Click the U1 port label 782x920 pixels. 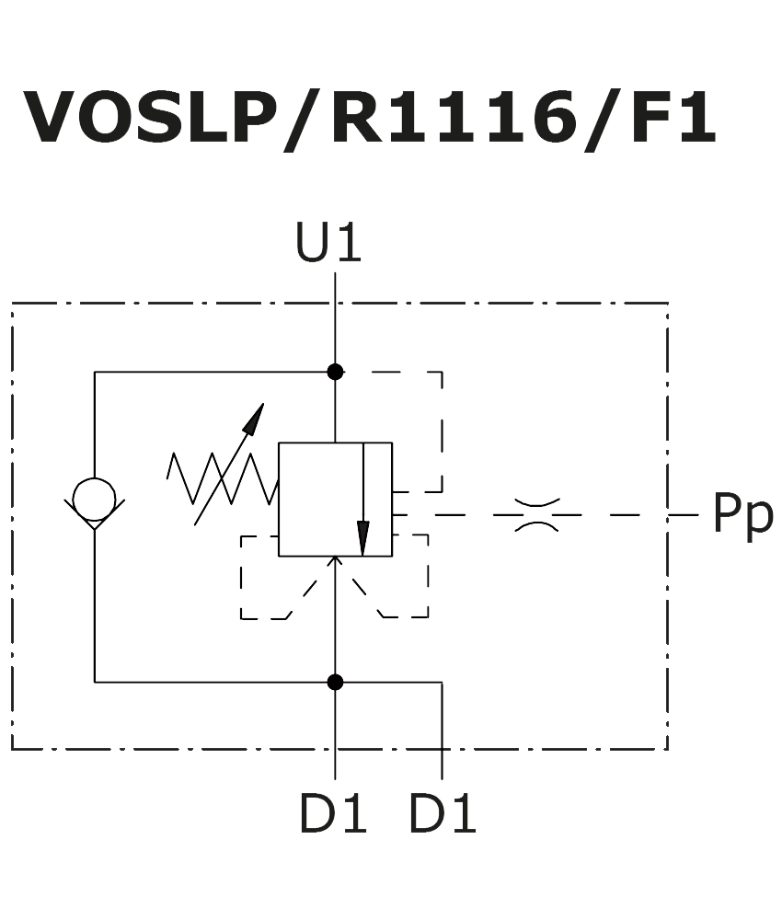point(328,244)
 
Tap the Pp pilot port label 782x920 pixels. point(742,515)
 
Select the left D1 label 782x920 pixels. point(332,814)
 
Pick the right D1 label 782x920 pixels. point(443,814)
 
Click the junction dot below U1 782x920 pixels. point(335,372)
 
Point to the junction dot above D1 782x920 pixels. point(335,682)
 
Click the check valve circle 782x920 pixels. point(94,499)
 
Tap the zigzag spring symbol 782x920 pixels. point(221,478)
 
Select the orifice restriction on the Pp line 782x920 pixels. point(536,515)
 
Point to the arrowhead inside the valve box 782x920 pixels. point(363,537)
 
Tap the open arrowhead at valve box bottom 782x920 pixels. point(335,562)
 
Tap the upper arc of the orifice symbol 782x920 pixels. point(536,503)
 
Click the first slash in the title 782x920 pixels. point(303,119)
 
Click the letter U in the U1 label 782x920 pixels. point(311,244)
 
